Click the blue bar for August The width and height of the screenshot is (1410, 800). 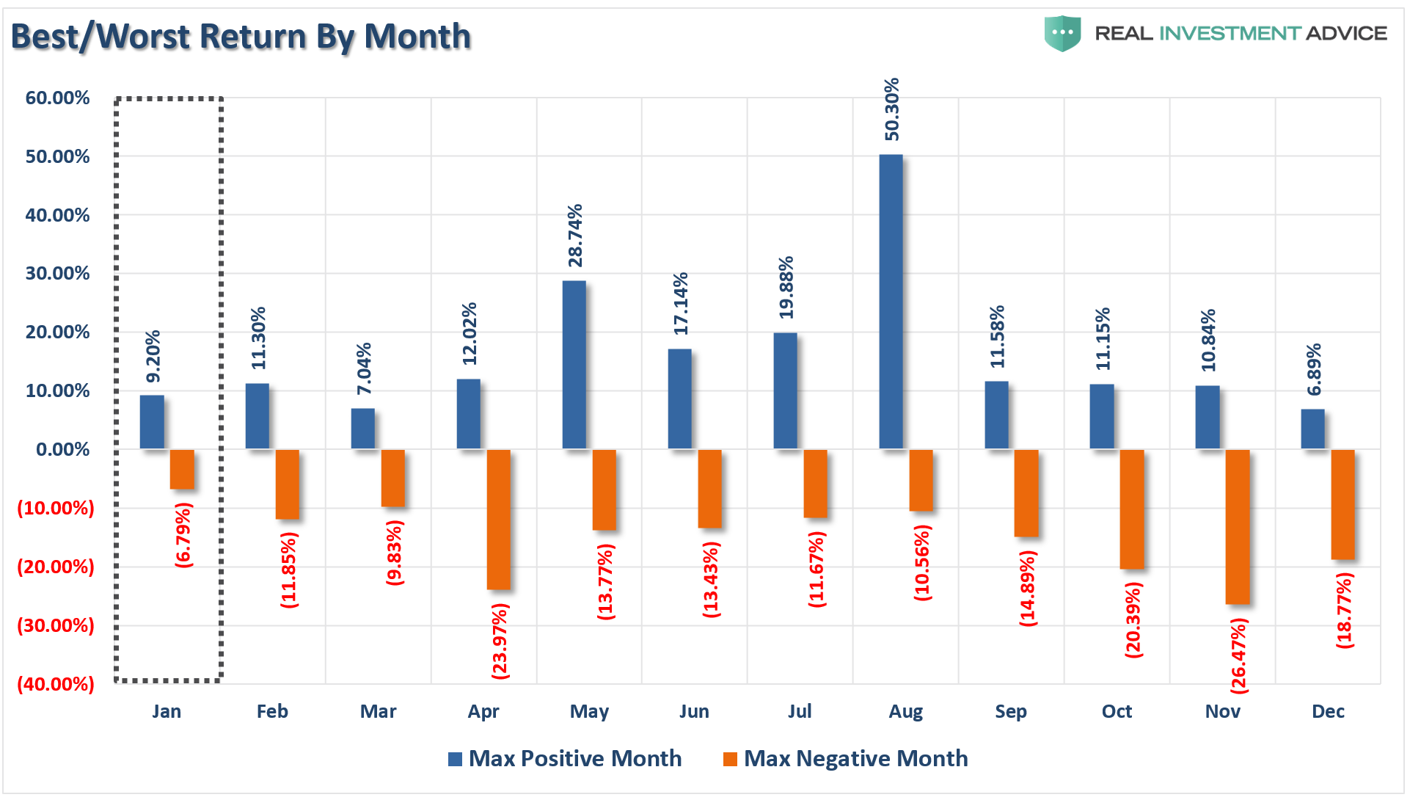(891, 302)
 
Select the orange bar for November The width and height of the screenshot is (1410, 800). (1237, 526)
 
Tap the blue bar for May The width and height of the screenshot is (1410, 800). (574, 365)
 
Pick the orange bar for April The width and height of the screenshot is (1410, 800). (498, 519)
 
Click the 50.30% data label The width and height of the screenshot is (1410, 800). (891, 109)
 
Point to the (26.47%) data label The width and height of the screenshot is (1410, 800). (1238, 655)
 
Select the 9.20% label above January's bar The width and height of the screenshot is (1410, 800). (153, 357)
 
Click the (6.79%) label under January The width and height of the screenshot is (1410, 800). (183, 535)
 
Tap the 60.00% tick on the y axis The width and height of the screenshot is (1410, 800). (57, 98)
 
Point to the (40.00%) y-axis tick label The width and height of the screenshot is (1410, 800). (56, 684)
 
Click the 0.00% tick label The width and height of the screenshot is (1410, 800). (62, 449)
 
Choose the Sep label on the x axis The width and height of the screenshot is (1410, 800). (1010, 711)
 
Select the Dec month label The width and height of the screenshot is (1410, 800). (1328, 711)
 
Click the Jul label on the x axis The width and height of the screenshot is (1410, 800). (800, 711)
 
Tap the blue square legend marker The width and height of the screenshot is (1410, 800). (455, 759)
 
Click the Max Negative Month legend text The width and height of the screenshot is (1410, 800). (855, 758)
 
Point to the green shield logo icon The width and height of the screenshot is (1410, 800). (1062, 34)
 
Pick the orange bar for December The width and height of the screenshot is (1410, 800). (1343, 504)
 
